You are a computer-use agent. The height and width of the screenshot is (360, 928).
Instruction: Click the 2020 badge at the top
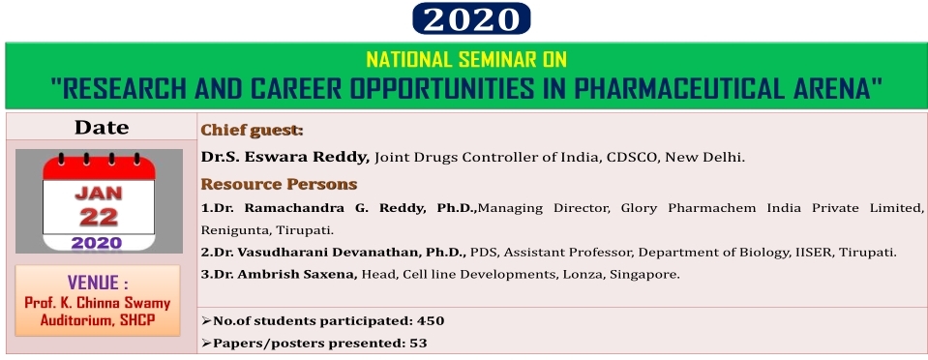[x=471, y=18]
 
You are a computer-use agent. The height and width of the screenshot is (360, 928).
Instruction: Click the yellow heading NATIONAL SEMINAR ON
[x=466, y=59]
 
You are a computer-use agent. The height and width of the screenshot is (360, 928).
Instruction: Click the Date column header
[x=102, y=128]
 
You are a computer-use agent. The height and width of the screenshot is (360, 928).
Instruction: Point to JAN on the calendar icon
[x=99, y=193]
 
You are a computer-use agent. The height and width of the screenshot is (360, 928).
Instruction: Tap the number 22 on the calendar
[x=99, y=218]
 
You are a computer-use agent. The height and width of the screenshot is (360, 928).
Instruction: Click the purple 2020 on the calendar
[x=97, y=243]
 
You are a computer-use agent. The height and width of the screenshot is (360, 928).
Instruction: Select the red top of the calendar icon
[x=99, y=167]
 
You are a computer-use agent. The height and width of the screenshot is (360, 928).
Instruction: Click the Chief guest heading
[x=253, y=131]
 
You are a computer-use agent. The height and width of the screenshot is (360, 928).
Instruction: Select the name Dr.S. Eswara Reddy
[x=285, y=158]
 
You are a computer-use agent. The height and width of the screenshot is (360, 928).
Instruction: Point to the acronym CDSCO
[x=635, y=158]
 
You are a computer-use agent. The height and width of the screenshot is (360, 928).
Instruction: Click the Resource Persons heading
[x=279, y=184]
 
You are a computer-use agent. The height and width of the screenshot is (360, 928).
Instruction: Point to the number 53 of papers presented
[x=418, y=343]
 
